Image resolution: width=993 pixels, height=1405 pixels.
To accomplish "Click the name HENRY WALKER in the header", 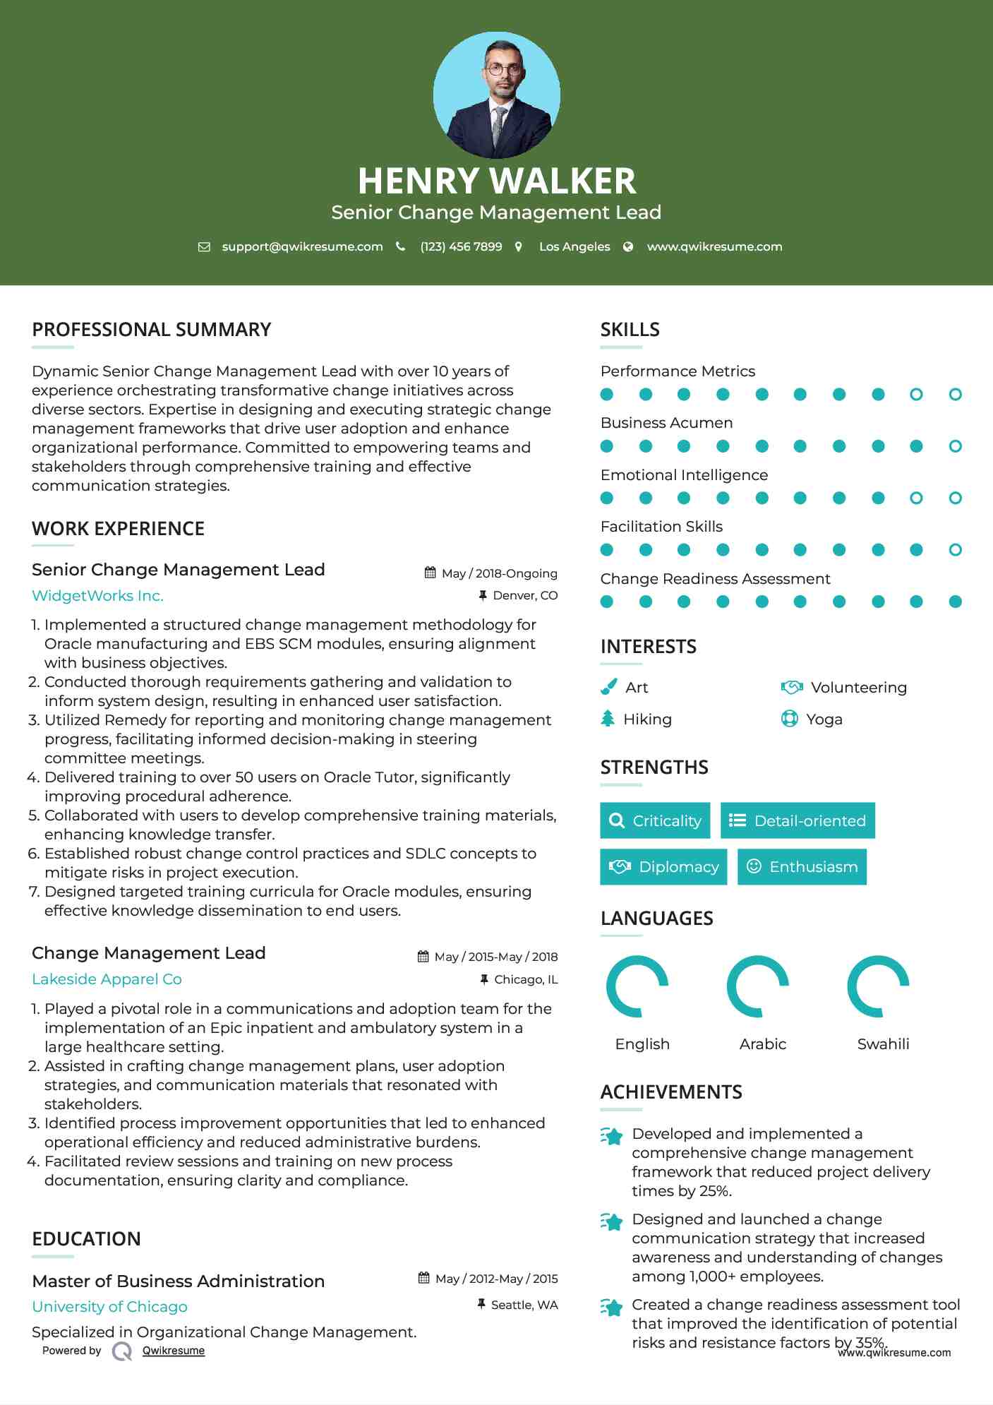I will click(x=496, y=181).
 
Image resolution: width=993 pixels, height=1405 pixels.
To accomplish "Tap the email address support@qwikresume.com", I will click(x=302, y=246).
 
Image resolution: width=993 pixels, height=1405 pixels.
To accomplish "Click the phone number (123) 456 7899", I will click(x=461, y=246).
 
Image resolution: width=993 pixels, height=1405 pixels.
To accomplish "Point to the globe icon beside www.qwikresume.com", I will click(x=628, y=246).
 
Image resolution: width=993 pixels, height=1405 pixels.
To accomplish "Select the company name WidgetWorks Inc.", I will click(x=97, y=596).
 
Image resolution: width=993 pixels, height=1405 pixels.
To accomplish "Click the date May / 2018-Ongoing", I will click(x=499, y=573).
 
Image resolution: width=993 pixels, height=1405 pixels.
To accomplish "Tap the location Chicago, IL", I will click(x=526, y=979).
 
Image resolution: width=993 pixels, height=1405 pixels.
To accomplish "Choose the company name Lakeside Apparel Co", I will click(x=107, y=979).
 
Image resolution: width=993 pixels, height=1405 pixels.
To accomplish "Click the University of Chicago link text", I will click(x=109, y=1307).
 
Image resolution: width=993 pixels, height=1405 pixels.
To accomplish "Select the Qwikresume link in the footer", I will click(x=173, y=1351).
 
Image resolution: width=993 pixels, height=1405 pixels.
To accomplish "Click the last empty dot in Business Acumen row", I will click(x=955, y=446).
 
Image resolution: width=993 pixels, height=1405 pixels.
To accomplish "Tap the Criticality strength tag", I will click(x=655, y=820).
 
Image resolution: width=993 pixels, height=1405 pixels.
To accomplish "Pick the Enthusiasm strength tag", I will click(x=802, y=866).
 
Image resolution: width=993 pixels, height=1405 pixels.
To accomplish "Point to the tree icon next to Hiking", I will click(x=608, y=719).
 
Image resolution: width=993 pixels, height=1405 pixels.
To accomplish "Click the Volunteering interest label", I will click(x=858, y=688).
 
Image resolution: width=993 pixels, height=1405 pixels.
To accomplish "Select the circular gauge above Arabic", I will click(x=757, y=986).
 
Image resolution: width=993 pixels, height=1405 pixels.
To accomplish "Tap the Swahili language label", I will click(x=883, y=1044).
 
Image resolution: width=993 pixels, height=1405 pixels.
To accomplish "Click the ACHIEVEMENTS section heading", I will click(x=671, y=1092).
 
